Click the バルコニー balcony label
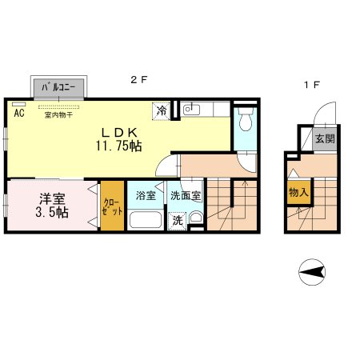(58, 87)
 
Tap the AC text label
(19, 113)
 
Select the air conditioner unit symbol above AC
(18, 104)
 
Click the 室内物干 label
(58, 115)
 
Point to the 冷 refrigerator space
(162, 110)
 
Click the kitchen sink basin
(191, 110)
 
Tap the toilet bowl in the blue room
(246, 121)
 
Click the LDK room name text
(119, 132)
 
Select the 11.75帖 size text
(118, 146)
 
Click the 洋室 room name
(52, 198)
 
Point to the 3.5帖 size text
(52, 212)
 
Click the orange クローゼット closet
(112, 206)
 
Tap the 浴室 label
(146, 196)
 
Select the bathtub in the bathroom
(146, 220)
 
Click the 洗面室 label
(186, 196)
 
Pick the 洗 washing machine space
(177, 221)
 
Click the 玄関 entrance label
(325, 138)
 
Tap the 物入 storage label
(298, 192)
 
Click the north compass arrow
(312, 272)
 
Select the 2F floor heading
(139, 79)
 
